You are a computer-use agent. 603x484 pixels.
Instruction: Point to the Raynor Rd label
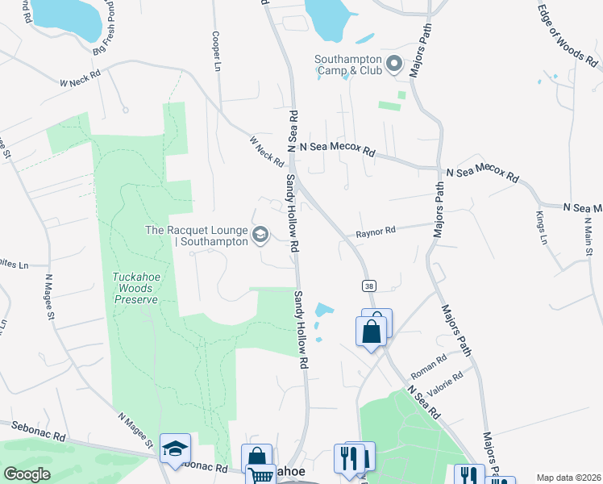376,232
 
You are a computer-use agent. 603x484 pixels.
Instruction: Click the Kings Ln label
542,227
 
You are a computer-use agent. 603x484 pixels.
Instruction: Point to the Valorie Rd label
447,382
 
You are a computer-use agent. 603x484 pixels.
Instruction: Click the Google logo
27,474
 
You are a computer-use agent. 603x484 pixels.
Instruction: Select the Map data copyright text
569,478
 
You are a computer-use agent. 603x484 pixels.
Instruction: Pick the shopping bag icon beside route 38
372,332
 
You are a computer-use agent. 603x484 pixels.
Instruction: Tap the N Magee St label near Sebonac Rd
135,431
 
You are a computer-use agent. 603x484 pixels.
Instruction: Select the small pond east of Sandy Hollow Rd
323,310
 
